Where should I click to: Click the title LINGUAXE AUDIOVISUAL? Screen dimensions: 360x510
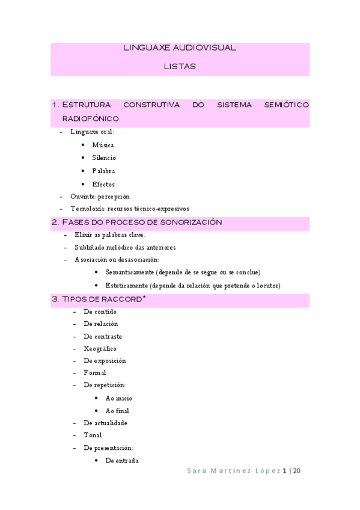(x=180, y=48)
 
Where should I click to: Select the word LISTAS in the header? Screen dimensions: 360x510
(x=180, y=67)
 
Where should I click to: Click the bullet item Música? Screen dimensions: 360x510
(x=103, y=145)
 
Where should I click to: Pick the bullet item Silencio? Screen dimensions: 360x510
(x=104, y=158)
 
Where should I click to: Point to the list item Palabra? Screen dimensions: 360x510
(x=103, y=171)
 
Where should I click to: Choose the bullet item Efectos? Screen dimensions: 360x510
(x=103, y=185)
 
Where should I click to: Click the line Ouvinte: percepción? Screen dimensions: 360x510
(x=99, y=197)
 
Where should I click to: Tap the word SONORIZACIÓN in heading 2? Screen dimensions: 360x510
(x=191, y=223)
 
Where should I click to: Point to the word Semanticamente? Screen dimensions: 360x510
(x=128, y=272)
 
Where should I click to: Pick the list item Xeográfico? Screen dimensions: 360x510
(x=100, y=348)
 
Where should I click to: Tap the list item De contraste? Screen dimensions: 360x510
(x=103, y=336)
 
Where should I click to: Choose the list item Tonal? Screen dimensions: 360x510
(x=93, y=435)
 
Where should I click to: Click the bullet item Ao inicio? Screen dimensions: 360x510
(x=118, y=398)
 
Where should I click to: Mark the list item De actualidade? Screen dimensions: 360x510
(x=105, y=423)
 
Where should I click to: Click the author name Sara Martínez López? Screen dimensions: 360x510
(x=233, y=471)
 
